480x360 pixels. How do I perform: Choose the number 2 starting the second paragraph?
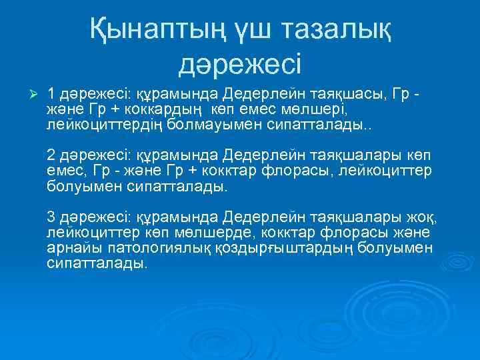51,155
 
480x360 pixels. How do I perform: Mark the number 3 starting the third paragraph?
51,217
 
